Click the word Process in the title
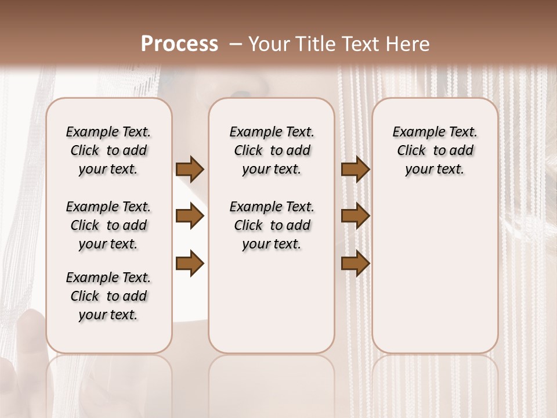click(x=179, y=44)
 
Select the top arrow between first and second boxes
click(x=190, y=170)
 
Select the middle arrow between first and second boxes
click(x=190, y=217)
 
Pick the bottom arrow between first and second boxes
click(x=190, y=263)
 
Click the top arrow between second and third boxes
click(x=355, y=170)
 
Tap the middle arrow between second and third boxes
click(x=355, y=217)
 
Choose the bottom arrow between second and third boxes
click(x=355, y=263)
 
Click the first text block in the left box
click(x=108, y=150)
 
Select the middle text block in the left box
click(x=108, y=225)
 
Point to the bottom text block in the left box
click(x=108, y=296)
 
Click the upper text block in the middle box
click(x=272, y=150)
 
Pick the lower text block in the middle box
click(x=272, y=225)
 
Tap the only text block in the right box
click(x=435, y=150)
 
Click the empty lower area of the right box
click(x=435, y=273)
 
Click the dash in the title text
click(x=235, y=44)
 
